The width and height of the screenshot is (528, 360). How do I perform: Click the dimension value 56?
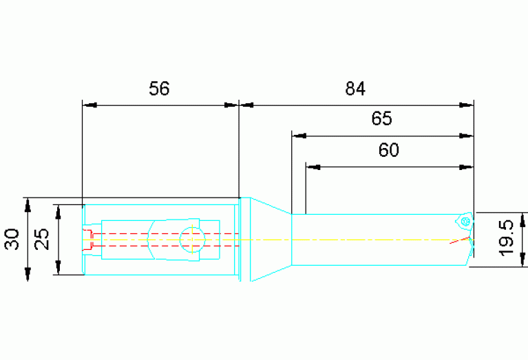point(159,89)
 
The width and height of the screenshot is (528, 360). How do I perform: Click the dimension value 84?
point(355,89)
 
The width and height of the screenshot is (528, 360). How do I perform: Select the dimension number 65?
point(382,118)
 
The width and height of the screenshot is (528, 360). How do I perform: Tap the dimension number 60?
point(388,150)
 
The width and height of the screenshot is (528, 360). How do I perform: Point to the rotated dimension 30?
point(12,239)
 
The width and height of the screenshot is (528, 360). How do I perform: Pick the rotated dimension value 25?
point(42,239)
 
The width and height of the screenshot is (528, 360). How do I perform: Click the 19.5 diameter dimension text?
point(507,238)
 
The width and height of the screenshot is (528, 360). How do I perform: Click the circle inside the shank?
point(192,240)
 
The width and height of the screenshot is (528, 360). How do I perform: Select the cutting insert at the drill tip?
point(465,221)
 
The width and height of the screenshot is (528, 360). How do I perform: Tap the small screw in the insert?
point(466,221)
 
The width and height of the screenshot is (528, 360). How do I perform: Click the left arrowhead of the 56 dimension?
point(89,105)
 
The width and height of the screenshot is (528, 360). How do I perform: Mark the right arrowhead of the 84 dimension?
point(466,105)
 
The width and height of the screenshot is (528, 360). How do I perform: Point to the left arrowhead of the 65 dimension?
point(299,136)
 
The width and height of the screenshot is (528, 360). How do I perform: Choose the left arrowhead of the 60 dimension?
point(313,167)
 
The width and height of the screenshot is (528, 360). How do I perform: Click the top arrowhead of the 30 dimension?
point(28,204)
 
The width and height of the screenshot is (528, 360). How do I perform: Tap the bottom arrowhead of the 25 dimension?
point(59,268)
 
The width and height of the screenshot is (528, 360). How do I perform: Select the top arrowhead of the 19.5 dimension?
point(522,220)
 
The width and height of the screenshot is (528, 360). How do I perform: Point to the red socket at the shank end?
point(87,240)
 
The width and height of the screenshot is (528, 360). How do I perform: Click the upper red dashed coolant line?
point(166,233)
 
